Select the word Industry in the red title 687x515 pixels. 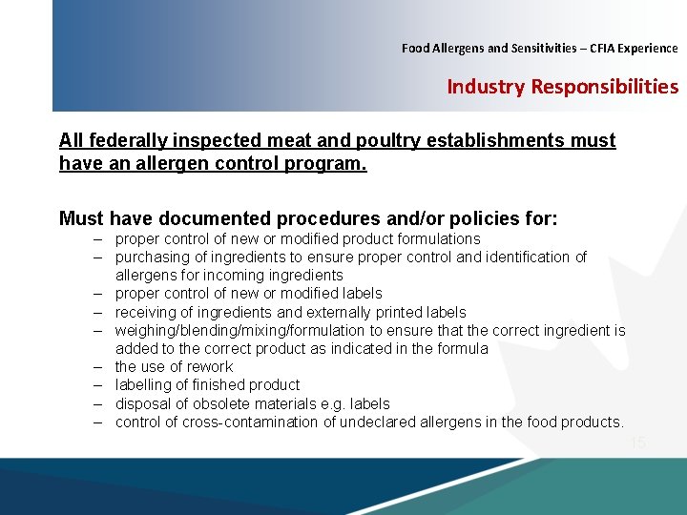coord(487,87)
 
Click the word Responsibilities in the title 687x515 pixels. coord(605,87)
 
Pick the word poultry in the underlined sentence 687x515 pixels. coord(387,141)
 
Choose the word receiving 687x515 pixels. coord(145,312)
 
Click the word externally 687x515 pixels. coord(313,312)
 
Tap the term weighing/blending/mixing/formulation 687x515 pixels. coord(240,330)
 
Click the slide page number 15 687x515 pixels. coord(637,443)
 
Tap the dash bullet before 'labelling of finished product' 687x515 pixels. coord(97,384)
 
